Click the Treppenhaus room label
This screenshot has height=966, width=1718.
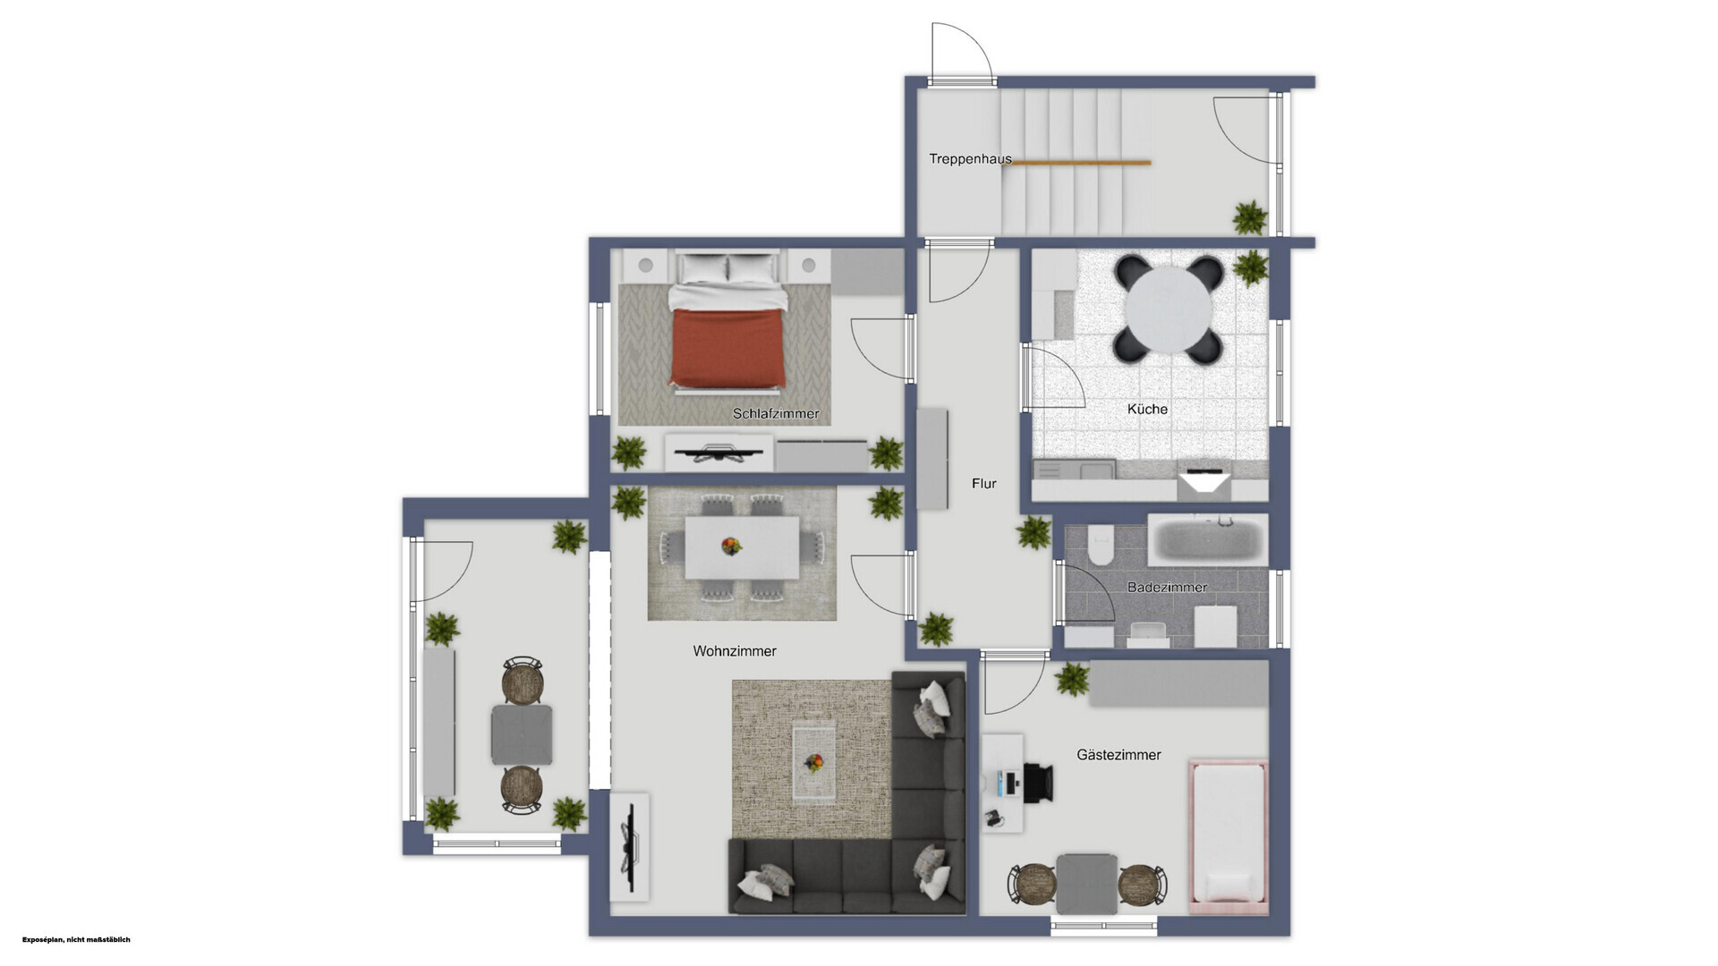[970, 159]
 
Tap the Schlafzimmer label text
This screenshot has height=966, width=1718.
[776, 414]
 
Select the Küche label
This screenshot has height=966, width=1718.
[1147, 409]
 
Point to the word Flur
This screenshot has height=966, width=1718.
[984, 483]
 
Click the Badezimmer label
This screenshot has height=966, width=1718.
[1167, 588]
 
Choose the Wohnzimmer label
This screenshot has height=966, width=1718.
[735, 651]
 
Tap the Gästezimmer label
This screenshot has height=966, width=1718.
[1118, 755]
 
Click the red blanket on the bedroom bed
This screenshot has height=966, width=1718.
[728, 347]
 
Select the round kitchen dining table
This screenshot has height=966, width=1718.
[1169, 309]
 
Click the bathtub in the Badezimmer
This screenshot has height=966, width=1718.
[1208, 540]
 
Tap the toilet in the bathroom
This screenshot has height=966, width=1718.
[1100, 545]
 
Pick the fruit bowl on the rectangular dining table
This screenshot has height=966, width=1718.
[732, 546]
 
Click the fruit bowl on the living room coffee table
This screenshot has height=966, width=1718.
[814, 763]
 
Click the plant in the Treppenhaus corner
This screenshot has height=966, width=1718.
[1250, 217]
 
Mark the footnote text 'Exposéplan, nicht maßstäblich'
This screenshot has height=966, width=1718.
[77, 940]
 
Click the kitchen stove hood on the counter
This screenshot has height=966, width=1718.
[1204, 483]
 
